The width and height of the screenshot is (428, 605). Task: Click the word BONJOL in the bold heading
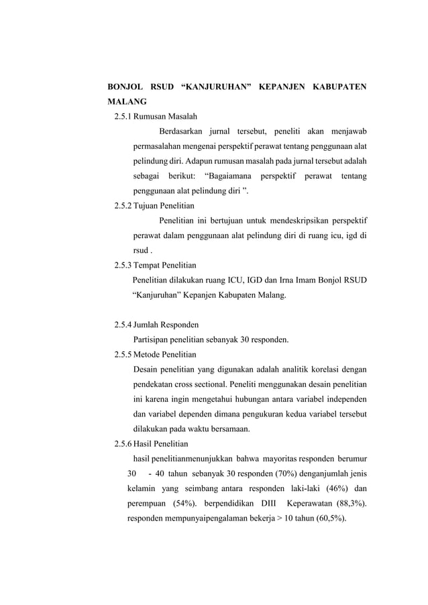coord(125,87)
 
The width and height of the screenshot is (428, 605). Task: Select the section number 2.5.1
coord(122,116)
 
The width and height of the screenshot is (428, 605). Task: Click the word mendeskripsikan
coord(294,221)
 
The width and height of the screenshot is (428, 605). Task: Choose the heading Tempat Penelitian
coord(164,265)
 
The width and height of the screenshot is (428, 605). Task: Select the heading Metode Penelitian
coord(164,354)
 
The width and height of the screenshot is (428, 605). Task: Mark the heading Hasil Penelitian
coord(161,443)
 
